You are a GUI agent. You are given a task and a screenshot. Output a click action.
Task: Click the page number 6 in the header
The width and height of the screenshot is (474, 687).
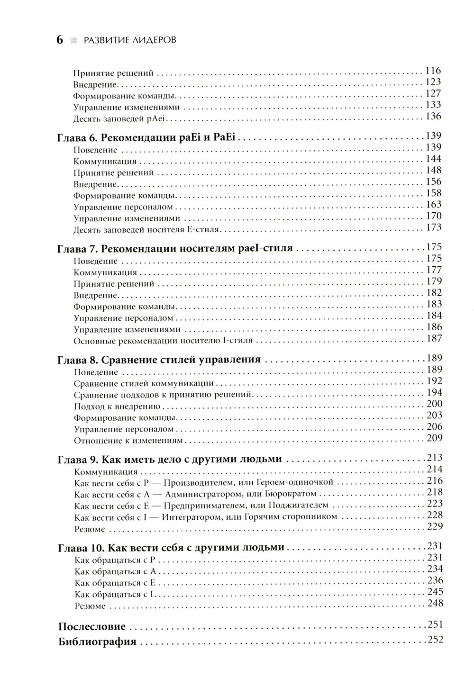tap(59, 40)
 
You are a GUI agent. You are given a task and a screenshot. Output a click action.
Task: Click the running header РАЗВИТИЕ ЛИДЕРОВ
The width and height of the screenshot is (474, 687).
tap(129, 40)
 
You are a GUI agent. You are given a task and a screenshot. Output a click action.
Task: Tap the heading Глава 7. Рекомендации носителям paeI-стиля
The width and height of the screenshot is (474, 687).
tap(175, 248)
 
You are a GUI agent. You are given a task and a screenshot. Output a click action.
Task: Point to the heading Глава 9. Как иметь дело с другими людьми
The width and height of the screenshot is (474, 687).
tap(170, 459)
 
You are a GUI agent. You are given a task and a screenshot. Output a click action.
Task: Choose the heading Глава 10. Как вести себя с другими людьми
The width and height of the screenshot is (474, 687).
tap(171, 548)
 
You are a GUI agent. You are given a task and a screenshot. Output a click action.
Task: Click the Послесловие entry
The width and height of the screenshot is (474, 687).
tap(92, 626)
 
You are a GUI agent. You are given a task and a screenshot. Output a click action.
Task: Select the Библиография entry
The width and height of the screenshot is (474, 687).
tap(98, 642)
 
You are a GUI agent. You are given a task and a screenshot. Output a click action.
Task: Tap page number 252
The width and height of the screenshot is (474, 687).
tap(435, 640)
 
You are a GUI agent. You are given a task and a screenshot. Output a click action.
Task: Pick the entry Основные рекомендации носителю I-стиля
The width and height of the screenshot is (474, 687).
tap(163, 341)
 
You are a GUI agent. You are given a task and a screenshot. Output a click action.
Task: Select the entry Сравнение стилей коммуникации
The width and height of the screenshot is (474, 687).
tap(144, 383)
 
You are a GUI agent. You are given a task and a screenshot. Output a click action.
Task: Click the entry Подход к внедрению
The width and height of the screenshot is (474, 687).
tap(118, 406)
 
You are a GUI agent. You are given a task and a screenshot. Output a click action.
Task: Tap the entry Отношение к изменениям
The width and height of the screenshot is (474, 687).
tap(128, 441)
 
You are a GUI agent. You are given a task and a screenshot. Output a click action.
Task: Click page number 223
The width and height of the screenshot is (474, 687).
tap(434, 504)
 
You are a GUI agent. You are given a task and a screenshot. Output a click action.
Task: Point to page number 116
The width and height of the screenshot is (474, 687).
tap(434, 71)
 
